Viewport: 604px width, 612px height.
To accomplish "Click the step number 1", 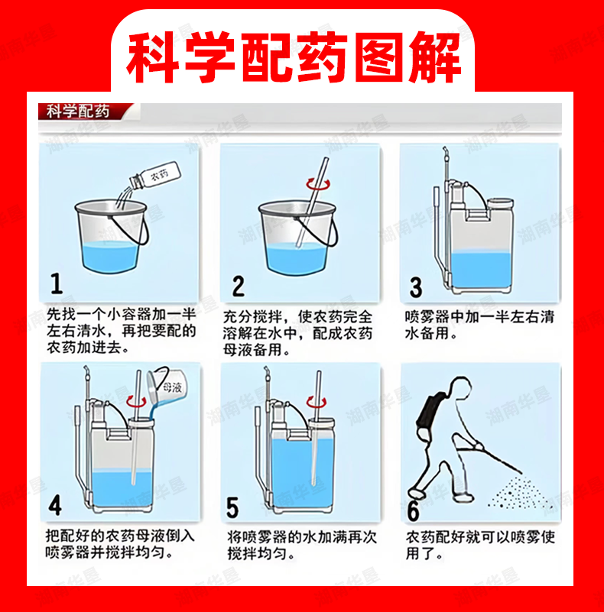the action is pos(57,283).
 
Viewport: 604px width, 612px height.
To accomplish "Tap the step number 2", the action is pos(239,286).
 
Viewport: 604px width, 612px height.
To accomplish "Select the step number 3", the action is pos(416,287).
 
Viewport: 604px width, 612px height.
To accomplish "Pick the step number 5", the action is pos(232,507).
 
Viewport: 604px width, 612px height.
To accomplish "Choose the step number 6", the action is pos(414,510).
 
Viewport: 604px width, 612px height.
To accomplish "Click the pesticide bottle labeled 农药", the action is pos(155,176).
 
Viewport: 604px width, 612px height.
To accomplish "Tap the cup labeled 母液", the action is pos(167,387).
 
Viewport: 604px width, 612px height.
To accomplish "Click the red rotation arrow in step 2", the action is pos(317,183).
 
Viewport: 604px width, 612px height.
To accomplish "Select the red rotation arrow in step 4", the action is pos(136,402).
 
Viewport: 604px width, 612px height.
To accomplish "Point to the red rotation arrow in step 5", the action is pos(316,402).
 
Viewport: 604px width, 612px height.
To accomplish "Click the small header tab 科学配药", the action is pos(78,112).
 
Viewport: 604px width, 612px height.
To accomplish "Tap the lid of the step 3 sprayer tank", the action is pos(501,203).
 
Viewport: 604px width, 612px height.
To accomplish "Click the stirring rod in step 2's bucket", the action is pos(311,202).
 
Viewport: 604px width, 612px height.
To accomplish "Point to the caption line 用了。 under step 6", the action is pos(424,554).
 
